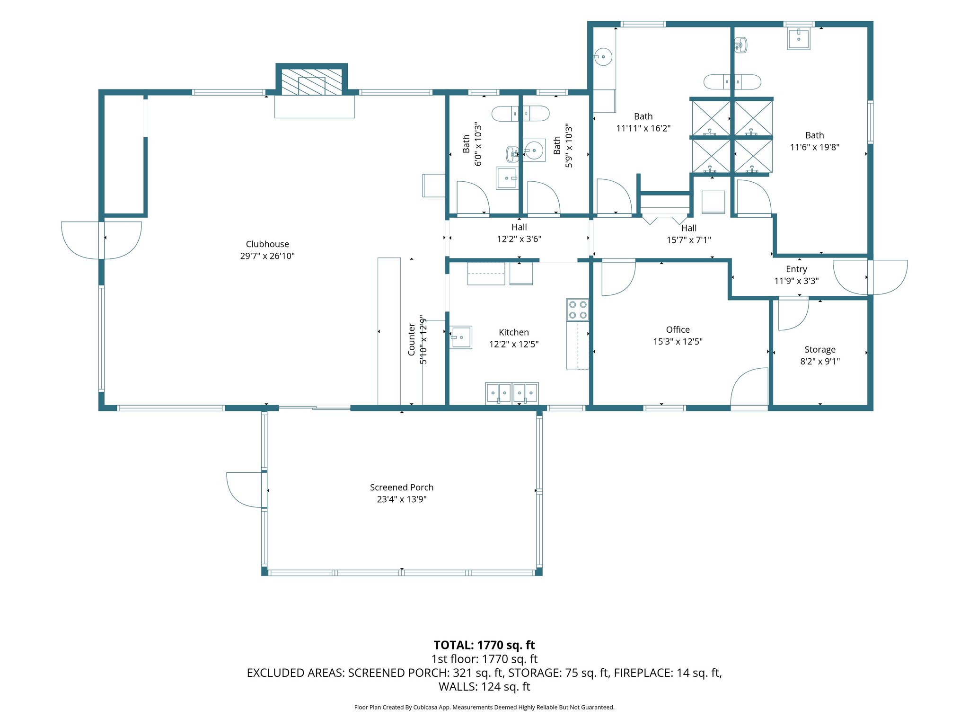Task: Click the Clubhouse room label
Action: pos(267,244)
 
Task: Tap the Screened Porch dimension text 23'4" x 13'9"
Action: pos(402,499)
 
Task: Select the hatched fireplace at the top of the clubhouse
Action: pos(312,82)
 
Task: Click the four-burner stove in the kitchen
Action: pos(578,310)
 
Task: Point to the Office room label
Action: pos(678,329)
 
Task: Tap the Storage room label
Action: pos(820,350)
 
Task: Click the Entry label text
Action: pos(796,269)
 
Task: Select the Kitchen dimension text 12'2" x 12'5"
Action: pos(514,344)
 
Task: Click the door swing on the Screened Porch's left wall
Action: pos(244,490)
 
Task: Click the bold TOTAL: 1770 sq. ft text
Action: pos(484,645)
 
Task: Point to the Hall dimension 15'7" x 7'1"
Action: pos(689,240)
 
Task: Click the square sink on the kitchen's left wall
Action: pos(461,337)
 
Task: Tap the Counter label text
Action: pos(412,340)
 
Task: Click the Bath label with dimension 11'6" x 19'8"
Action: pos(815,141)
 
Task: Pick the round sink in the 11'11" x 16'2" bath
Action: pos(603,57)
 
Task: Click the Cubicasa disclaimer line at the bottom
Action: pos(484,707)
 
